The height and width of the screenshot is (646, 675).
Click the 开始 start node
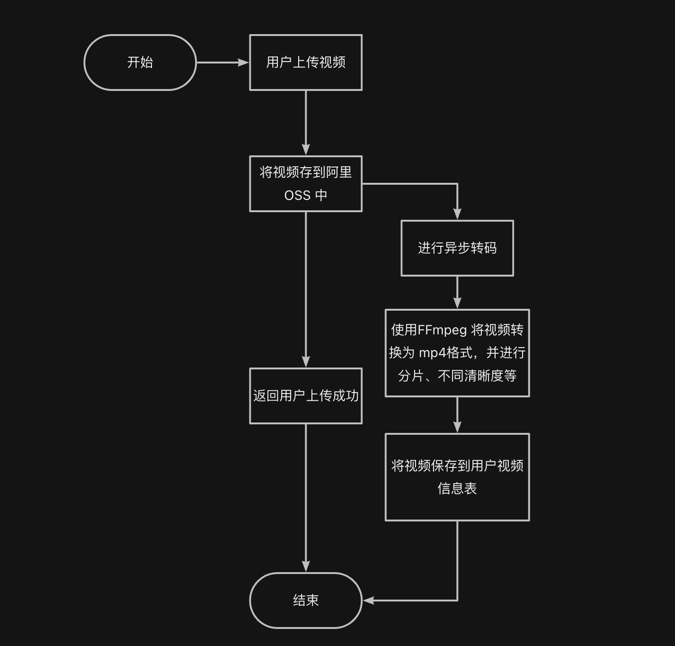140,62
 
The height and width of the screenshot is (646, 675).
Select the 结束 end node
305,600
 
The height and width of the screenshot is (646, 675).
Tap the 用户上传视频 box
305,62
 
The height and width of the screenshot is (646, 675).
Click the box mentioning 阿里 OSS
305,183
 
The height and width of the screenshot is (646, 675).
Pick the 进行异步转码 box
457,248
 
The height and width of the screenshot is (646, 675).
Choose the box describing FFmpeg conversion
457,353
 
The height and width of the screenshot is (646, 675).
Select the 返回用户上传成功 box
305,395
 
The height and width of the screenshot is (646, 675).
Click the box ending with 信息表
457,477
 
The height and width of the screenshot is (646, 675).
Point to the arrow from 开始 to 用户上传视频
222,62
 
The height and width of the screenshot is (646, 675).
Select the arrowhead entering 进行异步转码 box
457,214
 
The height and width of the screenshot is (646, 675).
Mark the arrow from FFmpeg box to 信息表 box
457,415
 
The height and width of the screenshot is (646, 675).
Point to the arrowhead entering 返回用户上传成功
306,361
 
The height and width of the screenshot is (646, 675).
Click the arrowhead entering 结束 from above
306,566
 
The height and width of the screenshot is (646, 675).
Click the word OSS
297,195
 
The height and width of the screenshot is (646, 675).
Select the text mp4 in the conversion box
432,353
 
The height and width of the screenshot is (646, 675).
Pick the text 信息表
457,488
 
